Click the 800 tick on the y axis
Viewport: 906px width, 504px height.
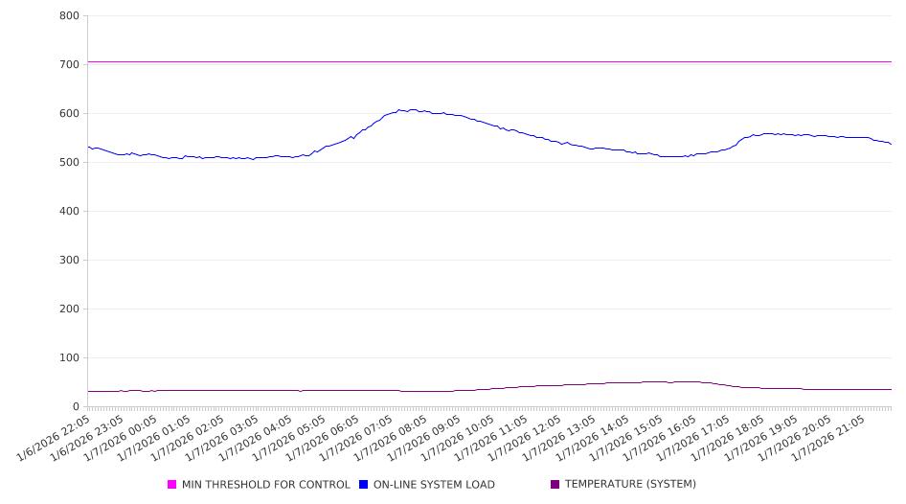click(68, 16)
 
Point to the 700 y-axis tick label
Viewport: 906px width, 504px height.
click(68, 65)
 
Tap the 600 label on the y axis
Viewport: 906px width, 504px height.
click(68, 114)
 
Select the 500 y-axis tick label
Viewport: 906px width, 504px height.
click(68, 163)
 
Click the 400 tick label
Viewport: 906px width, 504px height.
click(68, 212)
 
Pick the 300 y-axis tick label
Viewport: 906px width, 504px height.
click(68, 261)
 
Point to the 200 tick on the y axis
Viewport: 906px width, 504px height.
click(68, 309)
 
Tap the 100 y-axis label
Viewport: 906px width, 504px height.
click(68, 358)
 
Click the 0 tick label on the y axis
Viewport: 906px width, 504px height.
click(75, 407)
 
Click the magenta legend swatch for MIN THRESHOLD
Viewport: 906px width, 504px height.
click(172, 485)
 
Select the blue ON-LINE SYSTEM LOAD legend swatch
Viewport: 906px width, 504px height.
click(364, 485)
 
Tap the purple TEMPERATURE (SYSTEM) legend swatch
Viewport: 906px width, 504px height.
click(555, 485)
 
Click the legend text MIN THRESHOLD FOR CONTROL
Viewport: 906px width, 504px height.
click(265, 485)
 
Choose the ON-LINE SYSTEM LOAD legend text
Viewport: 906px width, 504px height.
click(434, 485)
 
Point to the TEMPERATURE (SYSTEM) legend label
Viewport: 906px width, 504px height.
click(630, 485)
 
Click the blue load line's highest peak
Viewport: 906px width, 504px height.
click(412, 109)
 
